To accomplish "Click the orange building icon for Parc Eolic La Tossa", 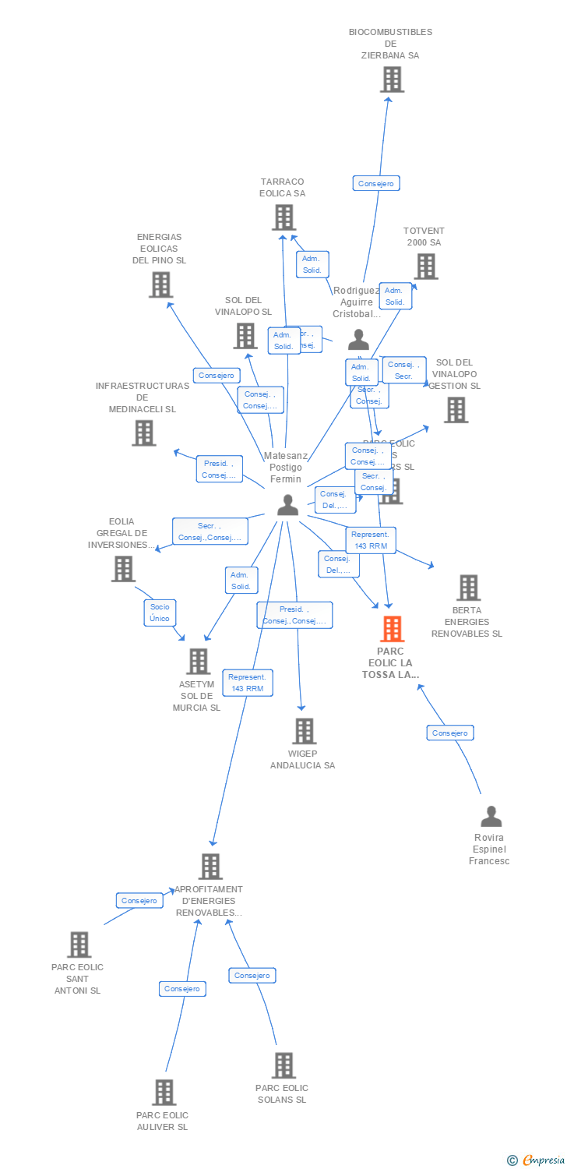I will point(392,628).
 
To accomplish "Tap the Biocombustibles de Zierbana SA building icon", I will point(392,79).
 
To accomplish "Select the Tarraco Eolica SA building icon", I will point(283,217).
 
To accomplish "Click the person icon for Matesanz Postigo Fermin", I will point(288,505).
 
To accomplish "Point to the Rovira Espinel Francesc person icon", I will point(491,816).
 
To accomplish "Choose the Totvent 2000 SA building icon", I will point(425,267).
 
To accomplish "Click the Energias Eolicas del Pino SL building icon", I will point(160,284).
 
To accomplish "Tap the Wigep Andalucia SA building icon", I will point(304,731).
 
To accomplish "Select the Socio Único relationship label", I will point(160,613).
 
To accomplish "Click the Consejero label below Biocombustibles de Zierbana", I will point(376,184).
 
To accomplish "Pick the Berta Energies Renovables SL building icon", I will point(468,588).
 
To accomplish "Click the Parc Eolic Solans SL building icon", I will point(283,1065).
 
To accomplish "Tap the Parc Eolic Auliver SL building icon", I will point(164,1092).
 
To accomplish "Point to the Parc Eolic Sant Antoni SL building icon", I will point(79,945).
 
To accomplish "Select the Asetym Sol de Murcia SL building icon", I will point(199,662).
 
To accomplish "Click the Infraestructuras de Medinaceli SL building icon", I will point(144,433).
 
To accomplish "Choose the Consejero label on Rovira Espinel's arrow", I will point(450,733).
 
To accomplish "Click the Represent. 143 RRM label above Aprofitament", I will point(247,683).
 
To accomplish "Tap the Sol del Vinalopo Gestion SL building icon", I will point(456,410).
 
